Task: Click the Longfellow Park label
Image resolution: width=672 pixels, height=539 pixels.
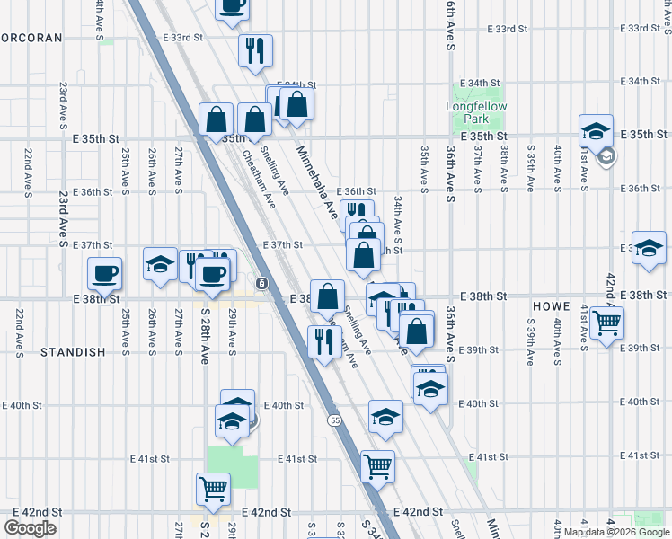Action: (x=476, y=112)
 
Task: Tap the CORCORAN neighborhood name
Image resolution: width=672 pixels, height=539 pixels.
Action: (x=32, y=38)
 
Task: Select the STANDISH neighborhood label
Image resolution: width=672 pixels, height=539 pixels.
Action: (x=73, y=352)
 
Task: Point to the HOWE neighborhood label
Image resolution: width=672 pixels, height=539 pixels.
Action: (x=552, y=306)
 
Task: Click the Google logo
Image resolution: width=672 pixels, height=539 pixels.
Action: (x=30, y=528)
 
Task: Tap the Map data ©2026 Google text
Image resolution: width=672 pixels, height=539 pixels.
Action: (x=616, y=532)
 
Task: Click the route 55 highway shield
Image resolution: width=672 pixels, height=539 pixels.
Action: (x=335, y=420)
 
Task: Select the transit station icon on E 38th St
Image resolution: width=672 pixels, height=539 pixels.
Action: (x=261, y=284)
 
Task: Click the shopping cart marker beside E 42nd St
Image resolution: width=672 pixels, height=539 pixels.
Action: (x=214, y=488)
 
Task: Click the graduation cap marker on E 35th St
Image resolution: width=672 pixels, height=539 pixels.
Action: (x=595, y=130)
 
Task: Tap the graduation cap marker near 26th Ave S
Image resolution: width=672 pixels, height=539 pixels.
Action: (x=160, y=263)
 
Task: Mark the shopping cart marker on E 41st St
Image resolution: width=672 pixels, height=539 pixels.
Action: (x=377, y=464)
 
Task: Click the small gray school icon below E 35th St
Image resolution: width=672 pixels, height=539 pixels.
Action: (x=606, y=156)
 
